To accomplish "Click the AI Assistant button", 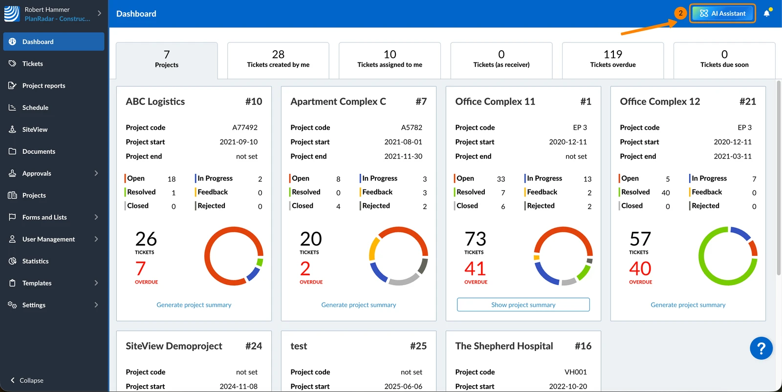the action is coord(722,13).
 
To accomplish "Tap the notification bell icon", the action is coord(767,13).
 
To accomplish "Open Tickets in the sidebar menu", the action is coord(32,63).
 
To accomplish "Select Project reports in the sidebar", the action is coord(43,85).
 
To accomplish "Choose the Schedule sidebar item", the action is coord(35,107).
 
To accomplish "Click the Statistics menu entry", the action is coord(35,261).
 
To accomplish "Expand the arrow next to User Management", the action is coord(96,239).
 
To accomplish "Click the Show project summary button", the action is coord(523,305).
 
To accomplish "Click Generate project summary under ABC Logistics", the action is coord(194,305).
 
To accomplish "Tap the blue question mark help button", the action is coord(761,348).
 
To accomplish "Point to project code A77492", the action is coord(245,127).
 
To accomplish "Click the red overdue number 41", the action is coord(475,268).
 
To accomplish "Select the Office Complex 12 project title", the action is coord(660,101).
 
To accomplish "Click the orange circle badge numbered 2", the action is coord(680,13).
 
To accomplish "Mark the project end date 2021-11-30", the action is coord(403,156).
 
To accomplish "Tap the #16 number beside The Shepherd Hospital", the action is coord(583,346).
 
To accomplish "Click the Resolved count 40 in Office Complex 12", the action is coord(665,192).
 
